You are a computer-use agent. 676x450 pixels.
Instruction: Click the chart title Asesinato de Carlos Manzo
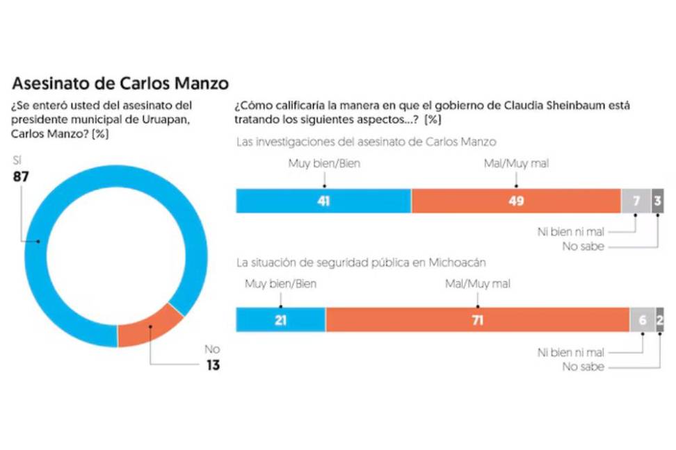point(120,84)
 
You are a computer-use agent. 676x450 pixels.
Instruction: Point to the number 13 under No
point(212,365)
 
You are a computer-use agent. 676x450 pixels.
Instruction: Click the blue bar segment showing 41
point(323,201)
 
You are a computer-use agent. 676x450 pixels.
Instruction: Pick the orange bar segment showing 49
point(515,201)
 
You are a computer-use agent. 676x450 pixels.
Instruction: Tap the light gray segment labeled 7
point(635,201)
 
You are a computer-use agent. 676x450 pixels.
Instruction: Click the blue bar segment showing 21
point(280,319)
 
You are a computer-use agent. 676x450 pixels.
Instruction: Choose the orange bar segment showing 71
point(477,319)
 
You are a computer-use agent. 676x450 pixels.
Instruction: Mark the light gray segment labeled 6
point(642,319)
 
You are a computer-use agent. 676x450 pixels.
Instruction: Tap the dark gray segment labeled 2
point(659,319)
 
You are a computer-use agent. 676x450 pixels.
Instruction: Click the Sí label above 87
point(17,161)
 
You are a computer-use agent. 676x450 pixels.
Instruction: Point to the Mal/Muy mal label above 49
point(515,165)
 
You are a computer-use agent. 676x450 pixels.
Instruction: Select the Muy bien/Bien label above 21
point(280,283)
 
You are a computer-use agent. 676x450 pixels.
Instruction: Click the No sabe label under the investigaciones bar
point(583,247)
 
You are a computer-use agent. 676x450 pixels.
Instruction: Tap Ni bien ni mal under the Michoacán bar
point(570,352)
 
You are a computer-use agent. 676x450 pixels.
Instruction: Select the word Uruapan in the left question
point(164,120)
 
